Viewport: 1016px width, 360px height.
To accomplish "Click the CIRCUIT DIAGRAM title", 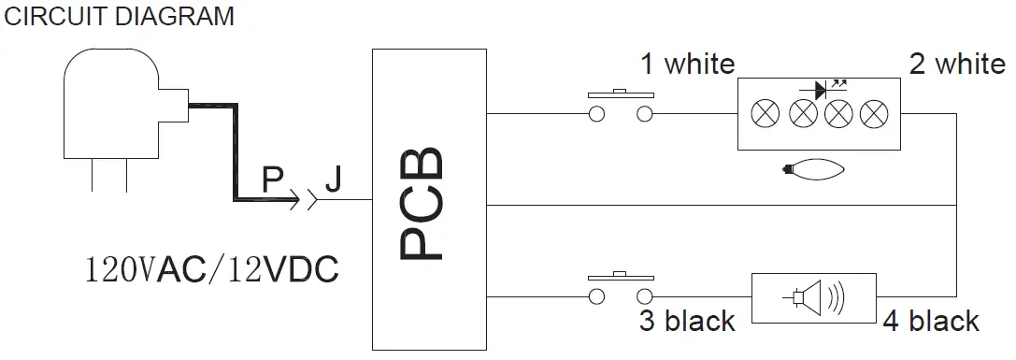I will [120, 17].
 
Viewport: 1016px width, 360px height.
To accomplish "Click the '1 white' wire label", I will [687, 65].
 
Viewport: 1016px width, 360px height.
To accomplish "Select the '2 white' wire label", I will [956, 65].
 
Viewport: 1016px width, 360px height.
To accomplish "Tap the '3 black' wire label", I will [687, 321].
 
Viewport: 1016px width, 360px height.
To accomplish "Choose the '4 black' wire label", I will [931, 321].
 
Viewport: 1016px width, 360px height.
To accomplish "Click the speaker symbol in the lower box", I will [814, 298].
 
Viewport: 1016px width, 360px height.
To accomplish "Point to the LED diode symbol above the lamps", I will [821, 91].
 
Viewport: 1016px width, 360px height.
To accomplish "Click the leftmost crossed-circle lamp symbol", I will [766, 115].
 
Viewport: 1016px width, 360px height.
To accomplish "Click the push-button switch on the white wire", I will [619, 106].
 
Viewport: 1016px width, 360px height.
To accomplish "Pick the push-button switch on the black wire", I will [619, 290].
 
